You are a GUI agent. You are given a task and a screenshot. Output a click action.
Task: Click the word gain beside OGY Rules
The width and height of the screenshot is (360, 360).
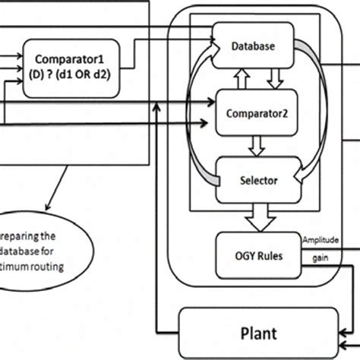click(318, 257)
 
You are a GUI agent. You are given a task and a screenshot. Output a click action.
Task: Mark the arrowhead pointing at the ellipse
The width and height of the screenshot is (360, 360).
click(50, 210)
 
